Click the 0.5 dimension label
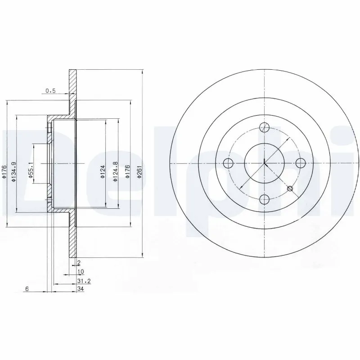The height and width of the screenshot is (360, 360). (x=50, y=91)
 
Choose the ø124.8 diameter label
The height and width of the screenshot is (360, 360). (x=116, y=171)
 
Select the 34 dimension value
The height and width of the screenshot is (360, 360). (x=81, y=289)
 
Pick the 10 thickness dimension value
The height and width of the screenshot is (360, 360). (x=80, y=272)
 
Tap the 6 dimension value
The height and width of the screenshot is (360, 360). (x=27, y=289)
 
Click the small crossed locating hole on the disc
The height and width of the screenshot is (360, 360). (x=290, y=188)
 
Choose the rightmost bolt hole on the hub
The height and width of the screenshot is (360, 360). (x=300, y=162)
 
